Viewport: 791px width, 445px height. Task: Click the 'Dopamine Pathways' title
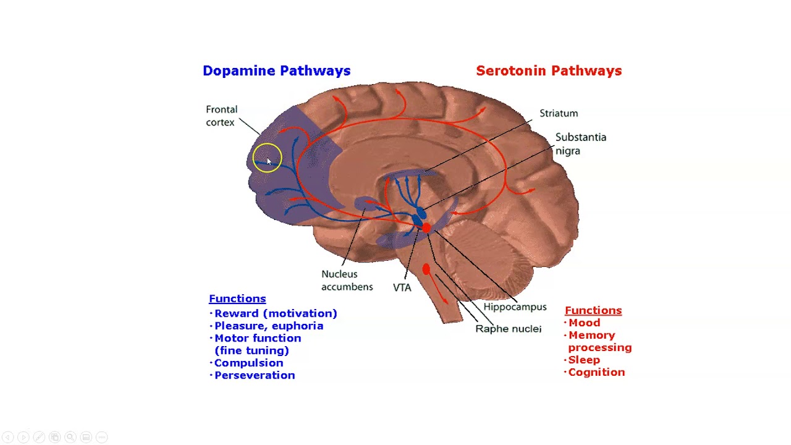point(276,71)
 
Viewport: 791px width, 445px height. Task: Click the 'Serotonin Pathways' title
point(549,71)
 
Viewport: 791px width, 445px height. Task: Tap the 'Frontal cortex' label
point(221,116)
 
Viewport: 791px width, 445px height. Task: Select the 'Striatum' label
point(559,113)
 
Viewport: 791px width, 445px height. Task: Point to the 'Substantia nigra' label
point(580,143)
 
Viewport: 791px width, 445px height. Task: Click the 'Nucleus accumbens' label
point(347,280)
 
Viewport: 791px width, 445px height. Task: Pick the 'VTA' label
point(402,287)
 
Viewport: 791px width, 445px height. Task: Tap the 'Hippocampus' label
point(515,307)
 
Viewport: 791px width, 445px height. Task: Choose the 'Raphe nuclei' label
point(508,329)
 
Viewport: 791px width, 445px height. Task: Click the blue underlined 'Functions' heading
point(237,299)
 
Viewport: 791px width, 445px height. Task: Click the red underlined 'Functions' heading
point(593,310)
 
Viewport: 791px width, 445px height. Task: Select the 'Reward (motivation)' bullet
point(276,313)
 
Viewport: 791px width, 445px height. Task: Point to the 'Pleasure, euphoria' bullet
point(269,326)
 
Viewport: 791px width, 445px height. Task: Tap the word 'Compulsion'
point(248,363)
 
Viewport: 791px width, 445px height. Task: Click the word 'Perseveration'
point(255,375)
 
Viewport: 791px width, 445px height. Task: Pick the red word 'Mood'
point(584,323)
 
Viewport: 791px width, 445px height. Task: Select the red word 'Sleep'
point(584,360)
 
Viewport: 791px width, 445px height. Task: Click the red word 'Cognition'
point(596,372)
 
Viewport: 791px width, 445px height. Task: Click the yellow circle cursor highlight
point(267,158)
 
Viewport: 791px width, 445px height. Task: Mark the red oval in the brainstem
point(426,269)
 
